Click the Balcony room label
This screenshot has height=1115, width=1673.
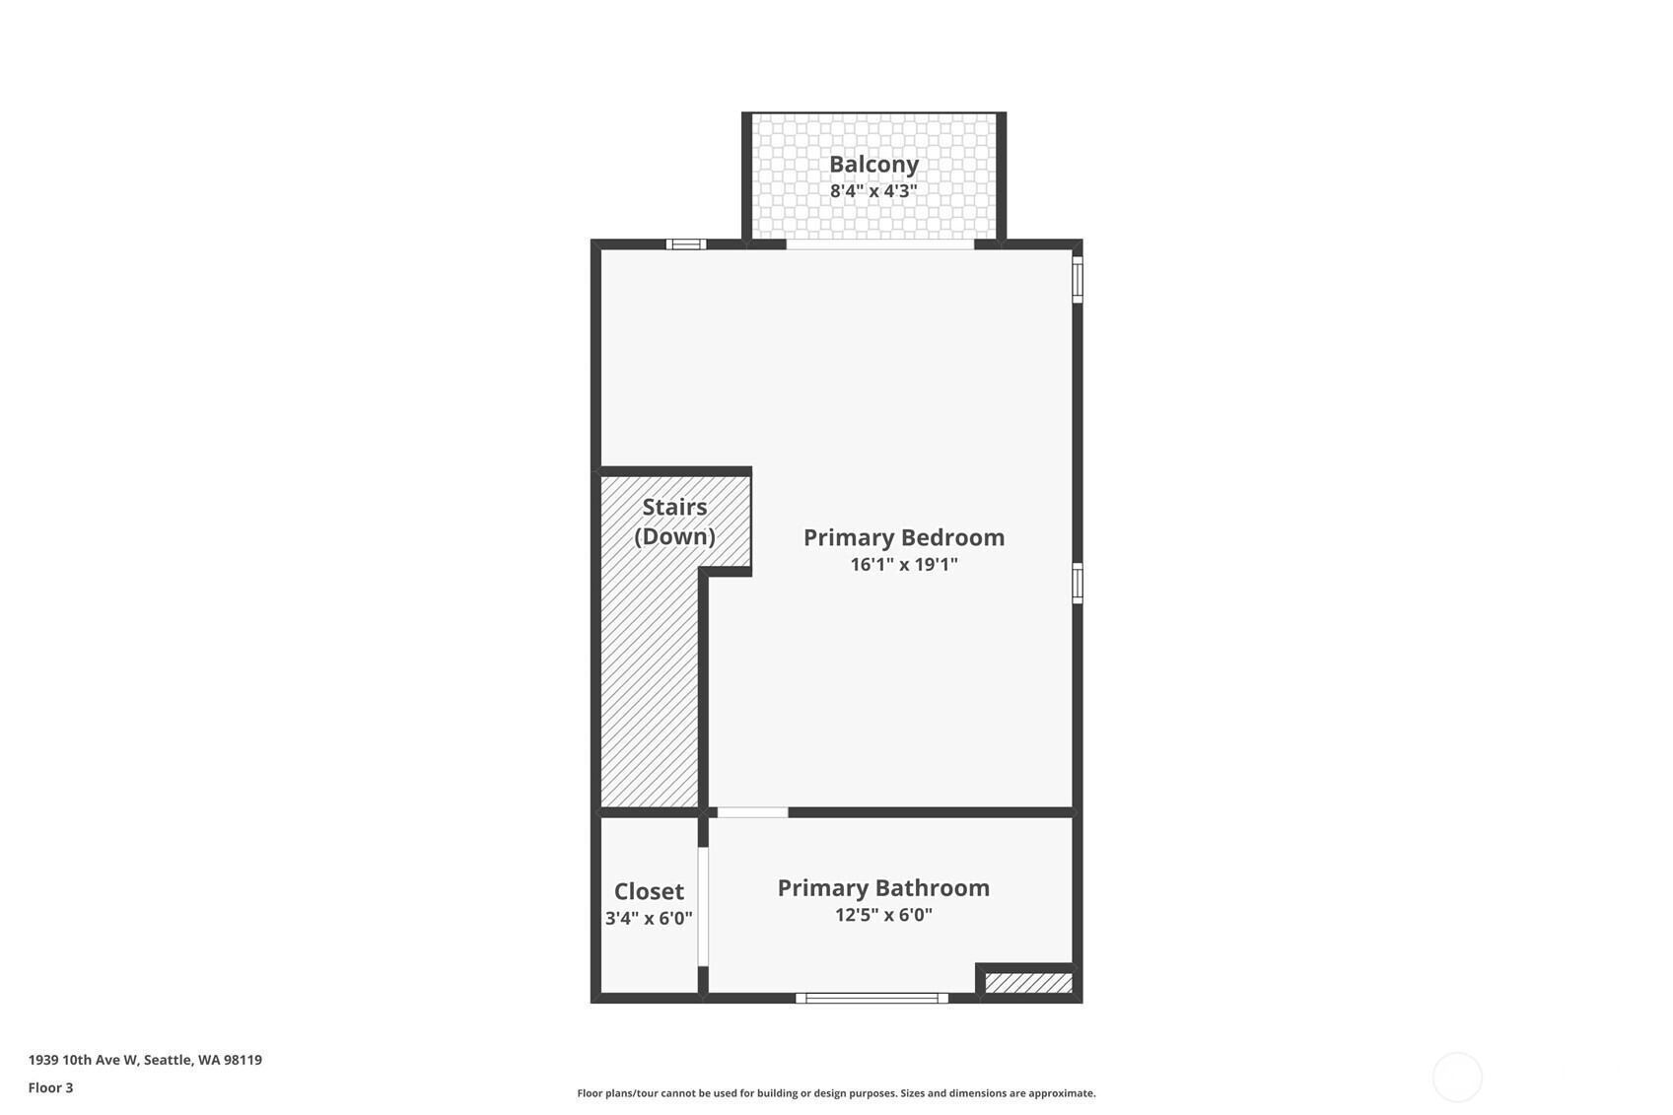pos(873,165)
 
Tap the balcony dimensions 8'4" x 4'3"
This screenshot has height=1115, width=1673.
pos(873,191)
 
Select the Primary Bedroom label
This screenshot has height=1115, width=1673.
pos(904,537)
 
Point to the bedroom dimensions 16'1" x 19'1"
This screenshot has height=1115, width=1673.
pos(904,564)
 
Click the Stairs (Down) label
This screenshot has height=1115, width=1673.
pos(674,522)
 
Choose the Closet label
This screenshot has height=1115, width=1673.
pos(649,891)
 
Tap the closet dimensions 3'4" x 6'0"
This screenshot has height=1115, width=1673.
pos(649,918)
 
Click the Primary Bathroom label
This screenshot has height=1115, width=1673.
pos(883,887)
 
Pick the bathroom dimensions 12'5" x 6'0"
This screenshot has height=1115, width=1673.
pos(883,914)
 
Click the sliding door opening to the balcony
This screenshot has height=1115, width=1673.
pos(880,244)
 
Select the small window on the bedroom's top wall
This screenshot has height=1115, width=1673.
pos(685,244)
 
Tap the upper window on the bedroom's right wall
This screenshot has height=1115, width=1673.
pos(1078,279)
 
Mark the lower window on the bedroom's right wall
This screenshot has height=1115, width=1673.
pos(1078,584)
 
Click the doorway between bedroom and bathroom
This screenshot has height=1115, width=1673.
pos(753,812)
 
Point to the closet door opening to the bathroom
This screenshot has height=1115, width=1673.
pos(703,907)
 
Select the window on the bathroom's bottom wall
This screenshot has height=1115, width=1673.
pos(871,998)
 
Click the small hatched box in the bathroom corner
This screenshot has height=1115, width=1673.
pos(1028,983)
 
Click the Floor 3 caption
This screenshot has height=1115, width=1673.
pos(51,1087)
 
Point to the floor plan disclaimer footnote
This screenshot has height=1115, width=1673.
pos(836,1093)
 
